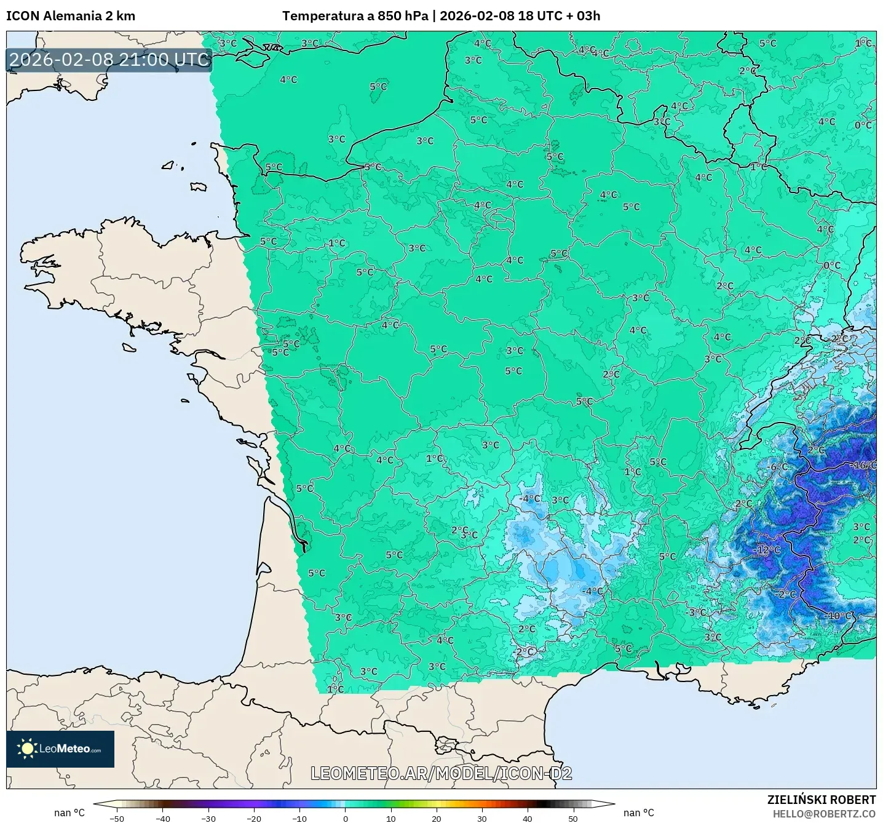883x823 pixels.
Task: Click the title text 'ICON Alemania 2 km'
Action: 71,16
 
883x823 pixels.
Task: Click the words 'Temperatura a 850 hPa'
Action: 355,16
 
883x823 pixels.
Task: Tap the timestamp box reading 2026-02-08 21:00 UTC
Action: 109,60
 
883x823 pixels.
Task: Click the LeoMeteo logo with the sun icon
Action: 60,749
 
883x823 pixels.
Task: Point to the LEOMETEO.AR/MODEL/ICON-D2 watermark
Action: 441,773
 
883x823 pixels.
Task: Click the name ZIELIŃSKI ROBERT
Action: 821,800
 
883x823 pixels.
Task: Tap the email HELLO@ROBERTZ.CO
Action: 824,814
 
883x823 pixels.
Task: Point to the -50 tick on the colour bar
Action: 116,818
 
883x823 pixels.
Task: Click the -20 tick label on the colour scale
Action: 253,818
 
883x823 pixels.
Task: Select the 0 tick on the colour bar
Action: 346,818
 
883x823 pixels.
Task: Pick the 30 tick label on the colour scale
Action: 481,818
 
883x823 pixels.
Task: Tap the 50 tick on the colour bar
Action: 572,818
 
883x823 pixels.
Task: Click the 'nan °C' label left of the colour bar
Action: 69,813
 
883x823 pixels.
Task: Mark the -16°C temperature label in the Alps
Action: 863,465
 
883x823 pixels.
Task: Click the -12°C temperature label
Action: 767,550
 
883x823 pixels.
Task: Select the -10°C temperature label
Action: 839,616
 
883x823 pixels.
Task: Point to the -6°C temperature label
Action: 778,467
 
